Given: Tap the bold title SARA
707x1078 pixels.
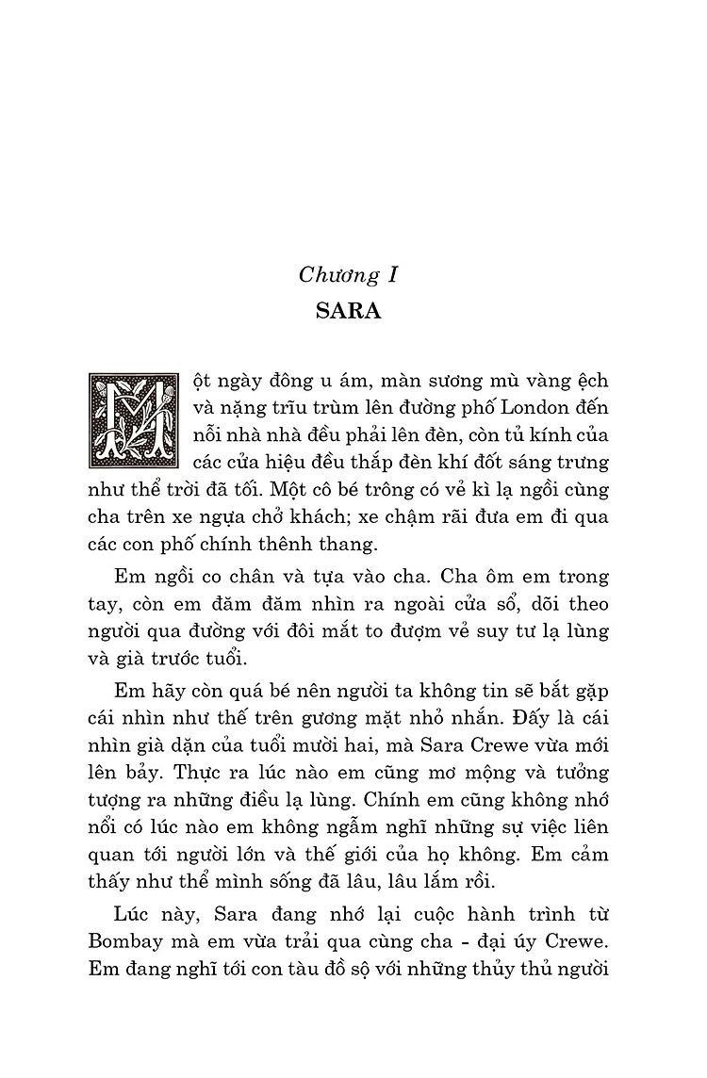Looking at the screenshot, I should [348, 312].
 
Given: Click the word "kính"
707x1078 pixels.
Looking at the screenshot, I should [556, 436].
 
